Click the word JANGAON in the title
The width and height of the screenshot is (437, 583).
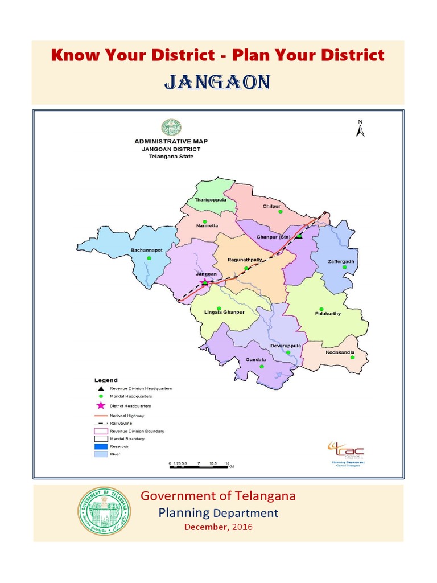(x=217, y=83)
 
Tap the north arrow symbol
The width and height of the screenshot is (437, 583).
(x=360, y=129)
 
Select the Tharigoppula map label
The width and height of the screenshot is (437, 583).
(x=210, y=200)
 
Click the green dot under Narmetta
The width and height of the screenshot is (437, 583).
(x=205, y=221)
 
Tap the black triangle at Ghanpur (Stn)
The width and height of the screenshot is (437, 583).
(x=298, y=236)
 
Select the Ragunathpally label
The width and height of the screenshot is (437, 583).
(x=245, y=260)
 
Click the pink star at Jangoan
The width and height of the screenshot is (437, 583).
(x=205, y=281)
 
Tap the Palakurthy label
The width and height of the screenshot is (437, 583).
(x=328, y=313)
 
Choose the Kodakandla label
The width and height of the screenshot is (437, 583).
(x=340, y=352)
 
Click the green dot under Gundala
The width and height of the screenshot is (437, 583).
(x=262, y=367)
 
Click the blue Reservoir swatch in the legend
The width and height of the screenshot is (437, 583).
(x=101, y=446)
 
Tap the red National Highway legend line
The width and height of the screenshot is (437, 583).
(x=101, y=416)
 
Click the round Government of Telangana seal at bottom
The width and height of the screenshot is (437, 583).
(x=104, y=511)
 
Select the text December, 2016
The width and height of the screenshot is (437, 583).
(x=218, y=527)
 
